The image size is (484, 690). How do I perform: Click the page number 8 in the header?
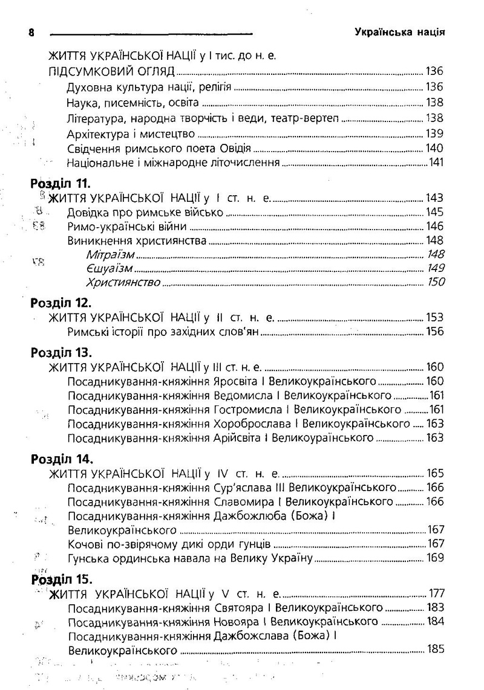31,32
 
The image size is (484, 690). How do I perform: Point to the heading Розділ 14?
60,459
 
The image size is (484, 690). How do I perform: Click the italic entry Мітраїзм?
108,254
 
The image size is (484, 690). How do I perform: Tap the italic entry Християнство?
123,282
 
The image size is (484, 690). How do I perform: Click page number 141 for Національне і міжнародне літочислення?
436,162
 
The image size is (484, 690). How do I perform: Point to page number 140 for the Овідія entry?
434,147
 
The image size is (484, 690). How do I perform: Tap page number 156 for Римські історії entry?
434,331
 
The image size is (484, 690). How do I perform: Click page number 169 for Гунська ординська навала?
434,557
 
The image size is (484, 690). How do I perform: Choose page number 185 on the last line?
434,650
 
